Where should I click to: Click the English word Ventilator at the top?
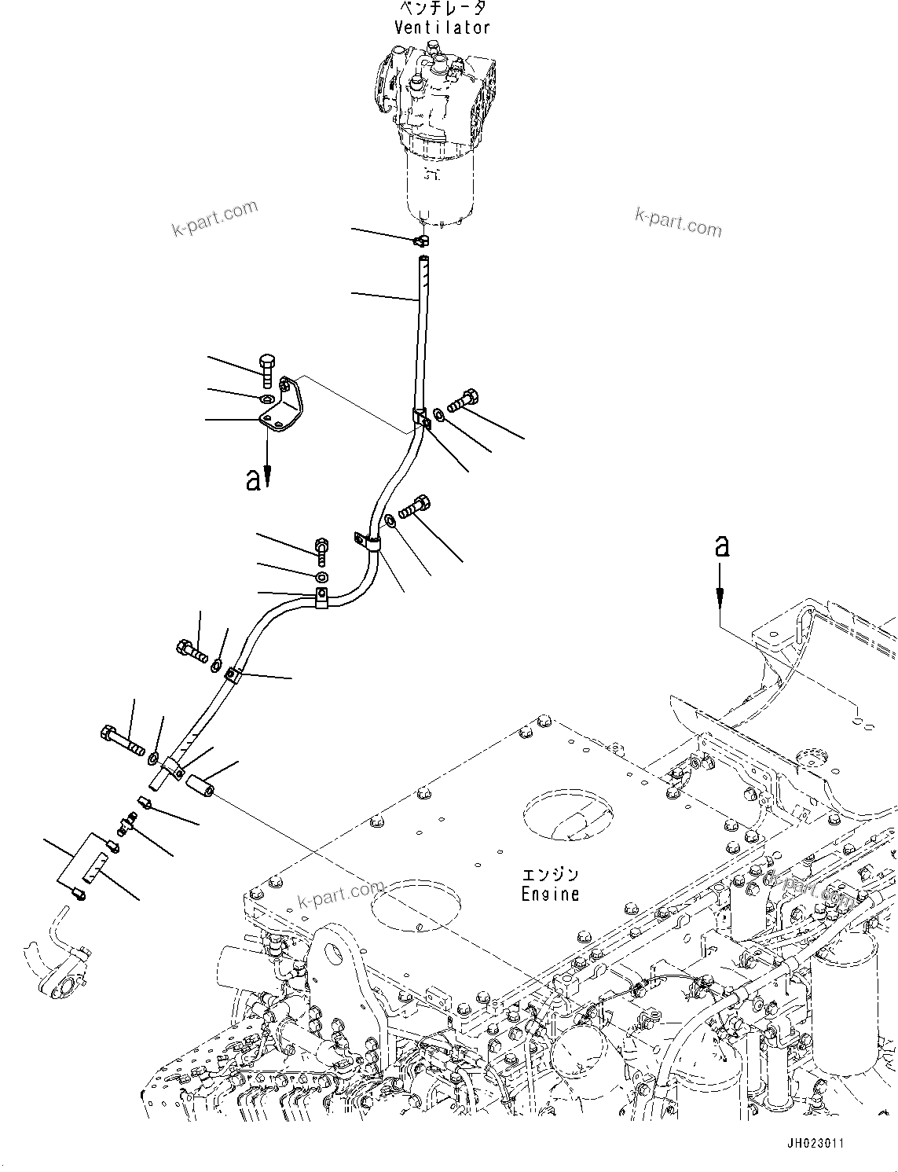[x=442, y=28]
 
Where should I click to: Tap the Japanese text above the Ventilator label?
[x=442, y=9]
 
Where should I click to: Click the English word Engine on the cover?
[x=550, y=894]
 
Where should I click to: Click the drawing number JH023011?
[x=812, y=1143]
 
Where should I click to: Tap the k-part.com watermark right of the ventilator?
[x=678, y=222]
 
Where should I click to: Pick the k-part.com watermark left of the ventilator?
[x=214, y=218]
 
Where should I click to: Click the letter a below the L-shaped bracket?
[x=252, y=480]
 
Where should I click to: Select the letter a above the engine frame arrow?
[x=720, y=546]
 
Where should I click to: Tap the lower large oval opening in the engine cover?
[x=413, y=905]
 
